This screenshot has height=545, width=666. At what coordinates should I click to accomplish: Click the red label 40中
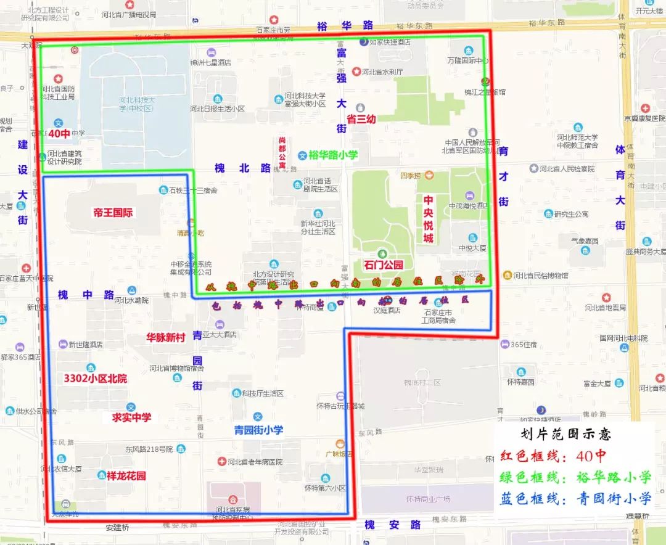60,133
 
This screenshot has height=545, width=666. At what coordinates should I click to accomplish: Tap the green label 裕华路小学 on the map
333,155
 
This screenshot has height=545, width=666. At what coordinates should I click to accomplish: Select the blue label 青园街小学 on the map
259,430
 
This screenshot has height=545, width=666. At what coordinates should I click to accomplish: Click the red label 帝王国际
113,213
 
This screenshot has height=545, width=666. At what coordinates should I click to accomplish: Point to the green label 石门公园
383,265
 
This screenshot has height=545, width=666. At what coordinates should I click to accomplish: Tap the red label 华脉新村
165,338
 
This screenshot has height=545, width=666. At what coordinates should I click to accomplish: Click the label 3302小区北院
96,379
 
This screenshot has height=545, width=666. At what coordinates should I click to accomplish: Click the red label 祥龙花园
126,476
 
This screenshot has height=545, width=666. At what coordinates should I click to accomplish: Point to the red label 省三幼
361,120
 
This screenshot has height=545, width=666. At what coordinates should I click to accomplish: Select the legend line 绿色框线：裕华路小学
575,477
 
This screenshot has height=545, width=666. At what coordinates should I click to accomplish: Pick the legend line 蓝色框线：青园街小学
575,498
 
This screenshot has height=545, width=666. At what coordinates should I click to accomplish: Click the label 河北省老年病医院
255,462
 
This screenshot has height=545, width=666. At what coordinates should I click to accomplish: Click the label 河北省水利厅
382,72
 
